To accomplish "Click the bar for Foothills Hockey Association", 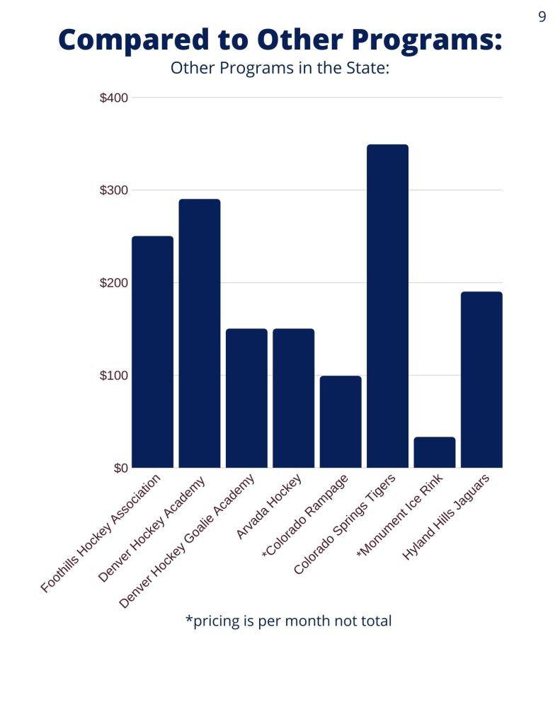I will tap(152, 352).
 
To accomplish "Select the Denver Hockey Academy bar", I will tap(200, 333).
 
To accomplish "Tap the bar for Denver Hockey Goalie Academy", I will tap(246, 398).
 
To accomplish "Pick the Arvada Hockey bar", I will tap(293, 398).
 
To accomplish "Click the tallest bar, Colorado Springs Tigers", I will tap(387, 306).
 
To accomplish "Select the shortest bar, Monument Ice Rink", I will tap(435, 452).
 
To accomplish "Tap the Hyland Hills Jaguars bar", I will tap(481, 379).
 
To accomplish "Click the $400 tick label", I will tap(113, 98).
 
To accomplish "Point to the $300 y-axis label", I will tap(113, 190).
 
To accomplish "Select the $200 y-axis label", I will tap(113, 283).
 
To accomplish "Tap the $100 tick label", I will tap(113, 375).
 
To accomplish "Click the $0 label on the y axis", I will tap(120, 468).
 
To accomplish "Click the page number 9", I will tap(542, 17).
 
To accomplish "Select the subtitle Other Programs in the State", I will tap(280, 69).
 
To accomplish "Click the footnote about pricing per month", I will tap(288, 621).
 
